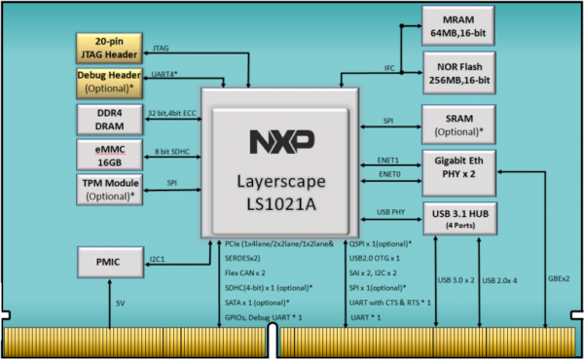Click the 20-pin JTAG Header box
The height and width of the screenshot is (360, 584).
tap(110, 46)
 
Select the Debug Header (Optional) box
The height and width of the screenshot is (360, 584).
tap(110, 83)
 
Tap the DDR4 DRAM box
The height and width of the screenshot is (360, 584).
tap(110, 120)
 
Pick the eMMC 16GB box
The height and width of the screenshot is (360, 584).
tap(110, 156)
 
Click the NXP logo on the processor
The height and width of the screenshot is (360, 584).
tap(274, 142)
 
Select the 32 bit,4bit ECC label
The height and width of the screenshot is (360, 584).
tap(172, 113)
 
